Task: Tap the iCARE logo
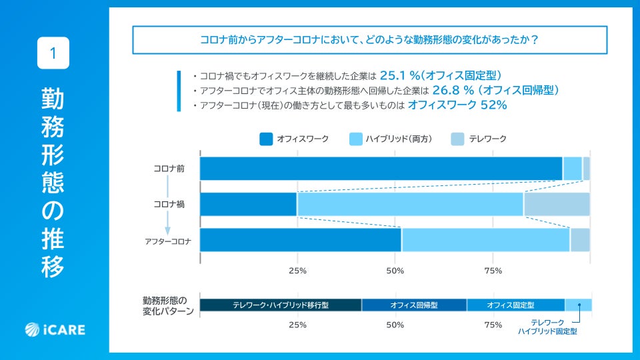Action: tap(55, 329)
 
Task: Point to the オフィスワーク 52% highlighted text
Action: tap(457, 105)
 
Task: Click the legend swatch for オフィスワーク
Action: tap(266, 139)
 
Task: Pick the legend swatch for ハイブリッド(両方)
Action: tap(355, 139)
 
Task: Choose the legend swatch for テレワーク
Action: tap(457, 139)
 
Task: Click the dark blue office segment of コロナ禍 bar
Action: tap(248, 204)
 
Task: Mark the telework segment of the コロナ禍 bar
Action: tap(557, 204)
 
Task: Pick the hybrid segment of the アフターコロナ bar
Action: tap(485, 240)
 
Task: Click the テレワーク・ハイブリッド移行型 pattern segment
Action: tap(281, 305)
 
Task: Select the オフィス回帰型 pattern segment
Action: tap(414, 305)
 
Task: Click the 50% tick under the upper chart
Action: tap(395, 271)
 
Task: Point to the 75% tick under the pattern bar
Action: tap(493, 325)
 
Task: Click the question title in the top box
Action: tap(370, 39)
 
